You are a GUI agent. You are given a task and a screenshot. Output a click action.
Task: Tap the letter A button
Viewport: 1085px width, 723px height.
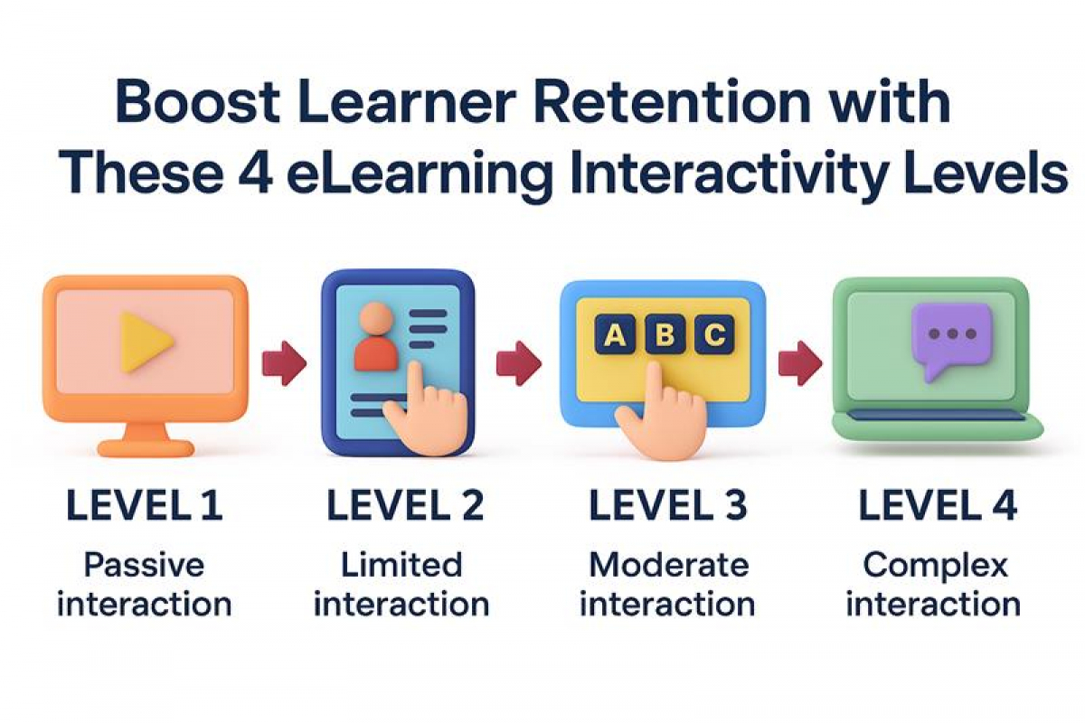pyautogui.click(x=615, y=333)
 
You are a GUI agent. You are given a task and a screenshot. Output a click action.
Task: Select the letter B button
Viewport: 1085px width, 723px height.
pyautogui.click(x=665, y=333)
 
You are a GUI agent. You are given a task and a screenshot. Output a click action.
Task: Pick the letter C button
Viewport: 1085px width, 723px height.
pyautogui.click(x=714, y=333)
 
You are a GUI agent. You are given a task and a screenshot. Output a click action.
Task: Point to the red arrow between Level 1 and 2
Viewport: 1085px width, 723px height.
pyautogui.click(x=284, y=363)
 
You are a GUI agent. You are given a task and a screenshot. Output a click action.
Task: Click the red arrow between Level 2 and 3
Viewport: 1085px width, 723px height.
pyautogui.click(x=519, y=363)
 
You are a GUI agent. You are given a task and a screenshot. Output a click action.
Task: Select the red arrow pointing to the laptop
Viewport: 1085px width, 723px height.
pyautogui.click(x=800, y=363)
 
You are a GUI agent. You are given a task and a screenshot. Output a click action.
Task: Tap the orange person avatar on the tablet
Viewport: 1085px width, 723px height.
pyautogui.click(x=376, y=337)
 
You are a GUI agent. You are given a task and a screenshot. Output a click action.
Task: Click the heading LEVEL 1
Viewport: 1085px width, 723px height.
pyautogui.click(x=145, y=505)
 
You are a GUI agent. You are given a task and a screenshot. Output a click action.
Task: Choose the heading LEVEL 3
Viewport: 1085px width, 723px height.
pyautogui.click(x=668, y=505)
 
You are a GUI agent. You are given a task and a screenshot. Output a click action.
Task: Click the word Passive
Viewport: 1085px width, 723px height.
pyautogui.click(x=144, y=565)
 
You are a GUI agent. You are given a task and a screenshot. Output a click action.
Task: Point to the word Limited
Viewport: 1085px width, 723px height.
pyautogui.click(x=401, y=565)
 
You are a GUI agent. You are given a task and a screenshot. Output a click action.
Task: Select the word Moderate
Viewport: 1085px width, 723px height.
pyautogui.click(x=669, y=565)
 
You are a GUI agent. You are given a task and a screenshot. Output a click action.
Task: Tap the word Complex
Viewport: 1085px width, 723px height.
pyautogui.click(x=935, y=567)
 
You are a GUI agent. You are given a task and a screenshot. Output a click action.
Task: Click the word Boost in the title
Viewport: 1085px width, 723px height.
pyautogui.click(x=198, y=103)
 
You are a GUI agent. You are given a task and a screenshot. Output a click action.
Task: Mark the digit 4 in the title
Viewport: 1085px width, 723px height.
pyautogui.click(x=256, y=173)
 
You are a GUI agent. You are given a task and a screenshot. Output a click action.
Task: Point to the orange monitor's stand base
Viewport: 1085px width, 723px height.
pyautogui.click(x=146, y=448)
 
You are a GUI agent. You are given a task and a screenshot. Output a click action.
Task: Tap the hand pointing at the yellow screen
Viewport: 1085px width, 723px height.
pyautogui.click(x=661, y=414)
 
